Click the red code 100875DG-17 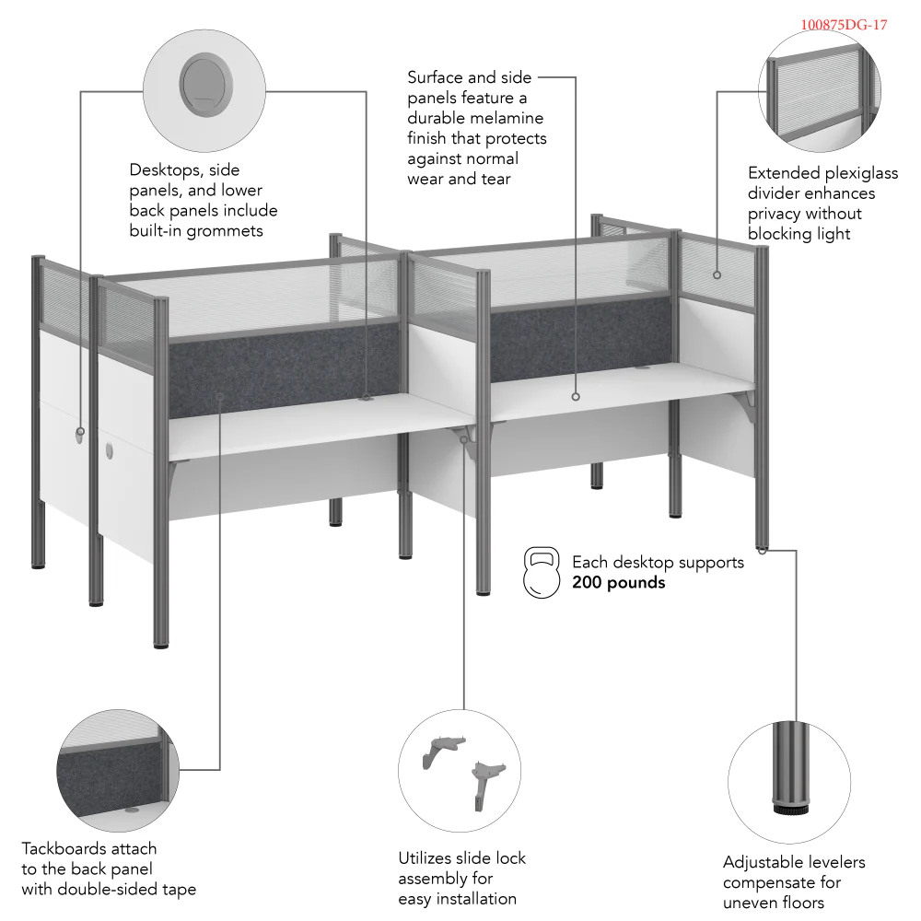[844, 25]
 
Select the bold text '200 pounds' [618, 582]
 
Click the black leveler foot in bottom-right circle [789, 811]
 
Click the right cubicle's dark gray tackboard [580, 337]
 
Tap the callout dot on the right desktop [576, 397]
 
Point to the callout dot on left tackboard [220, 396]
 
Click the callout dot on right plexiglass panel [717, 274]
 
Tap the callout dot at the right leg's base [764, 550]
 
